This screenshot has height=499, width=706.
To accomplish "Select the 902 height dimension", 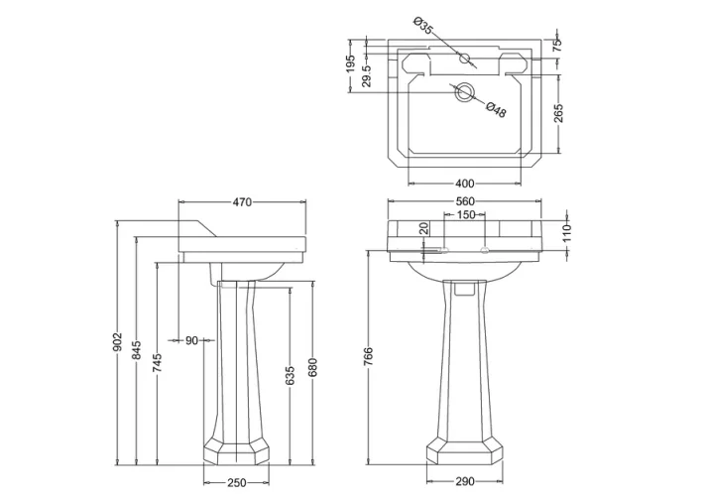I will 118,341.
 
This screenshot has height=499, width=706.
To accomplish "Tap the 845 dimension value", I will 137,350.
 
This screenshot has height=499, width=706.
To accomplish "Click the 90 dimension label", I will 192,340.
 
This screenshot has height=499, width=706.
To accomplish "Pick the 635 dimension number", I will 290,376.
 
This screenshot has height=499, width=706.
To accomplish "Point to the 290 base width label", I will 463,483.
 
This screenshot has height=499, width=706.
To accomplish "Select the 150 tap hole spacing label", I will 464,215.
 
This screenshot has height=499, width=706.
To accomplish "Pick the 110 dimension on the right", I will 568,233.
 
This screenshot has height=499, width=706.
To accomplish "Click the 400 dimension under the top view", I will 464,184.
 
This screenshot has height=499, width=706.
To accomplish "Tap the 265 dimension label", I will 558,112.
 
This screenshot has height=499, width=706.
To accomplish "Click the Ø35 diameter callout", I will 421,27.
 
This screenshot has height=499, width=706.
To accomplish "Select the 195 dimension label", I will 350,66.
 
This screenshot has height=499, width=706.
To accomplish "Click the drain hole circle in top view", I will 464,94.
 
